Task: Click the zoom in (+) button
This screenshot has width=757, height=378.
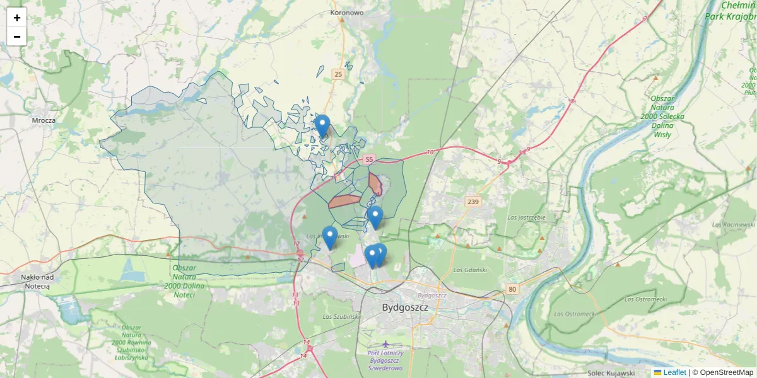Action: [x=16, y=18]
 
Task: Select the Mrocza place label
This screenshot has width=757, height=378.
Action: [x=44, y=120]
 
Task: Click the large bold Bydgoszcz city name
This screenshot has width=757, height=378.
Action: [x=405, y=307]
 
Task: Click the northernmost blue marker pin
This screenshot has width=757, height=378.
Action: [x=322, y=125]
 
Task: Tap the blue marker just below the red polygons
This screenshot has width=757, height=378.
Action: [x=375, y=217]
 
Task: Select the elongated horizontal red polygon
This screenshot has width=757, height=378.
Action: [x=344, y=201]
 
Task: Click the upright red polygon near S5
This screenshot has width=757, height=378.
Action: [x=375, y=183]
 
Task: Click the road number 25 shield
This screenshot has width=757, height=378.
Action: [x=338, y=74]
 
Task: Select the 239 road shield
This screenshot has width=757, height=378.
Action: [x=473, y=202]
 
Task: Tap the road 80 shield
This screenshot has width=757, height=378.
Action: [x=511, y=289]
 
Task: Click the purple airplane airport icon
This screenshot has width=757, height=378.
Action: [x=385, y=343]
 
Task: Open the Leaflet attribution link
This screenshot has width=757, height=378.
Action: [x=674, y=372]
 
